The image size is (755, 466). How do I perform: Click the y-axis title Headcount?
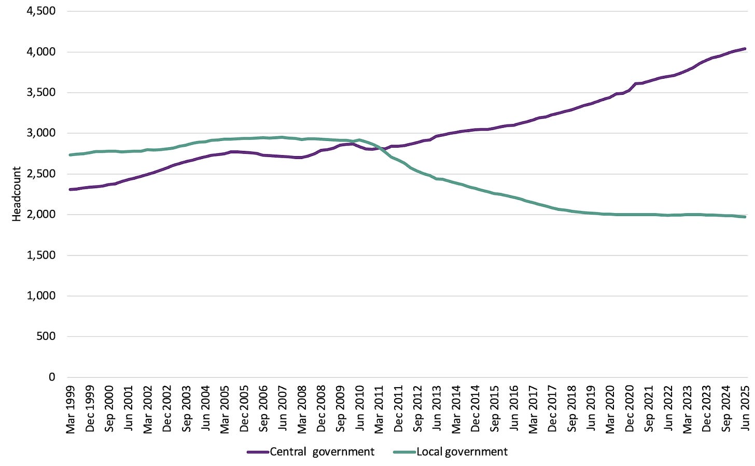click(17, 194)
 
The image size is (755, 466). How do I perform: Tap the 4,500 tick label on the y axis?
click(41, 11)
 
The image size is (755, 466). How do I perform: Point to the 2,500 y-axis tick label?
click(41, 174)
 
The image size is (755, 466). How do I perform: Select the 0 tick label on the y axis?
click(51, 377)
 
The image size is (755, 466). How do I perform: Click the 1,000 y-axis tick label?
click(41, 296)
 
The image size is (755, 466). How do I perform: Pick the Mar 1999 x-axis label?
click(70, 409)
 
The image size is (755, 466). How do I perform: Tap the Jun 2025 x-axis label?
click(745, 408)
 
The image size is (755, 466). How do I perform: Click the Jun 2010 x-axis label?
click(359, 408)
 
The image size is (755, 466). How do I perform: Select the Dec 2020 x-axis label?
click(629, 408)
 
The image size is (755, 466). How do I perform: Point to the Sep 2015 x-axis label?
click(494, 408)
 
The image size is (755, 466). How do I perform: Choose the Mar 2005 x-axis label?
click(224, 409)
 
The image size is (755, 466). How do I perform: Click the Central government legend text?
click(322, 452)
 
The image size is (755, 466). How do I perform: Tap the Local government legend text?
click(462, 452)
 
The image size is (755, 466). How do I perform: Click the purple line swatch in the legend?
click(258, 452)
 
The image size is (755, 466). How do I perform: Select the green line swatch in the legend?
click(404, 452)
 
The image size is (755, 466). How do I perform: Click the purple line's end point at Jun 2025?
click(745, 49)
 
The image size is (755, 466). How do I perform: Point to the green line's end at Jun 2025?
click(745, 217)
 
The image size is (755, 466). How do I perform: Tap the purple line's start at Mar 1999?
click(70, 189)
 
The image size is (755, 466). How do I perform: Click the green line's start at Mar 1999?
click(70, 155)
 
